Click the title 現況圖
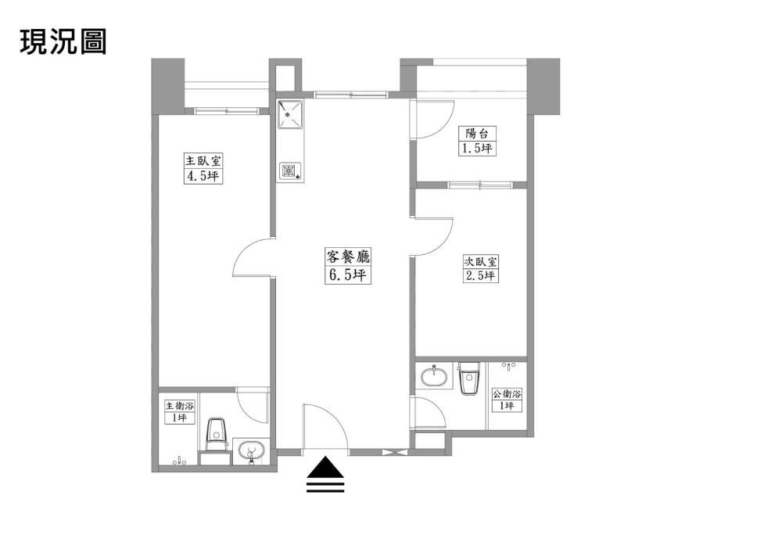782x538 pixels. [x=63, y=41]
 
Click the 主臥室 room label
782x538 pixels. [x=203, y=161]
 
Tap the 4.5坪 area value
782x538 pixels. [x=203, y=176]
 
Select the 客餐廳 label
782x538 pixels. [x=348, y=256]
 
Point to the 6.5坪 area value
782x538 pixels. [x=348, y=274]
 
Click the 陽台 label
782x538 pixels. [x=477, y=134]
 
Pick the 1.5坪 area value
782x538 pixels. [x=477, y=148]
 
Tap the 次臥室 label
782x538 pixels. [x=480, y=261]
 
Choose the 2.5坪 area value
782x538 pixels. [x=480, y=275]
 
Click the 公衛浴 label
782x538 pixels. [x=508, y=394]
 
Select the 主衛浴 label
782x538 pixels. [x=180, y=406]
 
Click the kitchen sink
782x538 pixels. [x=290, y=115]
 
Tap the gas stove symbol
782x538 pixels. [x=290, y=170]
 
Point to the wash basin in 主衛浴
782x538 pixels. [x=250, y=452]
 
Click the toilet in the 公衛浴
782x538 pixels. [x=468, y=378]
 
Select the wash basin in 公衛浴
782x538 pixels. [x=434, y=376]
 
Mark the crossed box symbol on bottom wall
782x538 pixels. [x=395, y=452]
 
